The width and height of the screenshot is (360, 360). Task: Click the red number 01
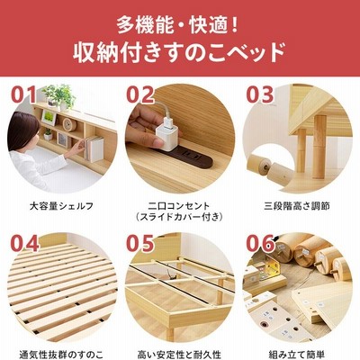[23, 94]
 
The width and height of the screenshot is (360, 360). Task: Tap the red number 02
[140, 94]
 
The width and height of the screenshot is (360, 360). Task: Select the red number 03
[260, 94]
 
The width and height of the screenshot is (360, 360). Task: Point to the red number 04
[25, 243]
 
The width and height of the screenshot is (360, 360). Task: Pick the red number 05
[140, 243]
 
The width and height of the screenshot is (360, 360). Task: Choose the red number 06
[260, 243]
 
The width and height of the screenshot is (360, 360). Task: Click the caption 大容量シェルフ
[61, 206]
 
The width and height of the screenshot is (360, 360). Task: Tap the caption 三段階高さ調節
[297, 206]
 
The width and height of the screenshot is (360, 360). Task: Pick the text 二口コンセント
[179, 206]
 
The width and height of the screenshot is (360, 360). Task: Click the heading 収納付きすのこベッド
[179, 53]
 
